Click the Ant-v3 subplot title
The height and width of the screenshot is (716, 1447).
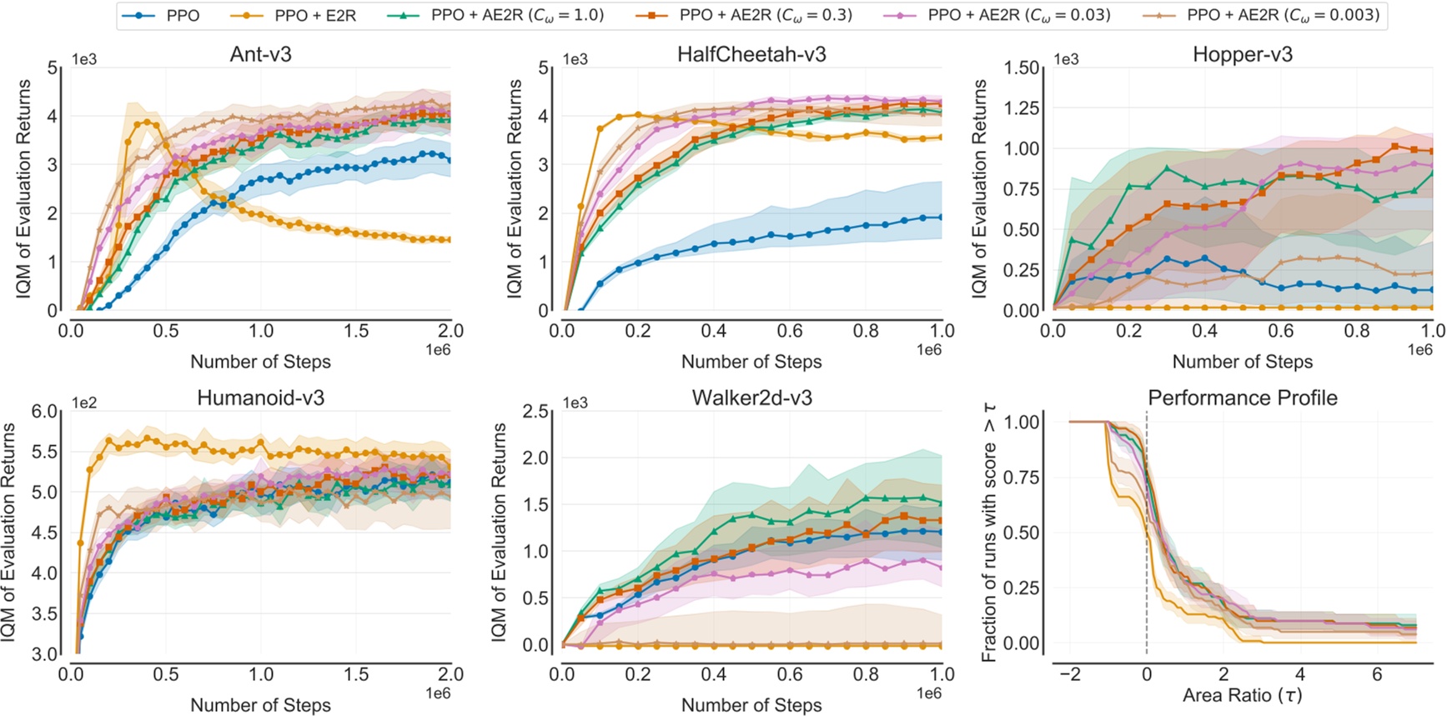(x=260, y=54)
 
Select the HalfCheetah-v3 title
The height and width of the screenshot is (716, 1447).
(x=751, y=54)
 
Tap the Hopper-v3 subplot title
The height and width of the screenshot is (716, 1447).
(x=1242, y=54)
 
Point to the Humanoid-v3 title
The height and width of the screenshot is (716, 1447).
(x=260, y=398)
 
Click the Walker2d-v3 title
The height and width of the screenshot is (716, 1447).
(x=751, y=398)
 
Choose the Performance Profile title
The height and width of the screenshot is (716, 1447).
(x=1242, y=398)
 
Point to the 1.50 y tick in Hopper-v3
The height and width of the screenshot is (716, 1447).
(x=1022, y=68)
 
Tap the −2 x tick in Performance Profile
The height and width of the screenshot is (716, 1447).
(x=1069, y=673)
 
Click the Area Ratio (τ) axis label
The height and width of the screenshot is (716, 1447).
(x=1242, y=694)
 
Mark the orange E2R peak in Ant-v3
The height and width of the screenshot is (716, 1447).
(x=148, y=122)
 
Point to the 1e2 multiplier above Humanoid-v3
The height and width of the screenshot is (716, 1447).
(x=83, y=403)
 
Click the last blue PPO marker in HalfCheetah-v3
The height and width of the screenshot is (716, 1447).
(x=942, y=217)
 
